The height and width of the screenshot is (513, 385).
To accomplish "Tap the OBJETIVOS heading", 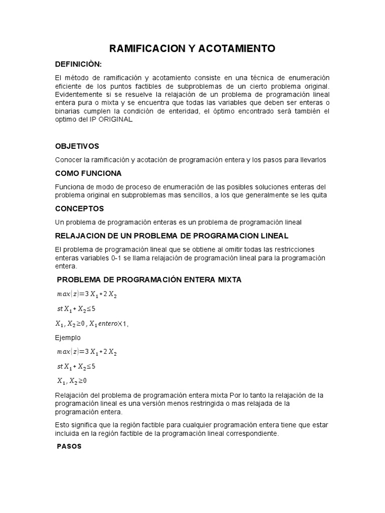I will point(77,146).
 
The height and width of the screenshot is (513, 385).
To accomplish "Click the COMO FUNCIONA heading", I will point(88,173).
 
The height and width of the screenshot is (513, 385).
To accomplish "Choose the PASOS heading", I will point(69,446).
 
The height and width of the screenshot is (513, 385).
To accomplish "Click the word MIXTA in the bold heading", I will point(226,280).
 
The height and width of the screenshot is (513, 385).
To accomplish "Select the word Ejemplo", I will point(68,338).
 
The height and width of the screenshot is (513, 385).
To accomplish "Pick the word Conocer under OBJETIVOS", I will point(69,160).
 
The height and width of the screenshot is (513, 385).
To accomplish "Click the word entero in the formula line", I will point(104,324).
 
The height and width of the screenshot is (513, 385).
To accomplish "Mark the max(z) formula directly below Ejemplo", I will point(86,352).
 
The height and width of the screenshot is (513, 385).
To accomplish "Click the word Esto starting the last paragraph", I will point(62,425).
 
